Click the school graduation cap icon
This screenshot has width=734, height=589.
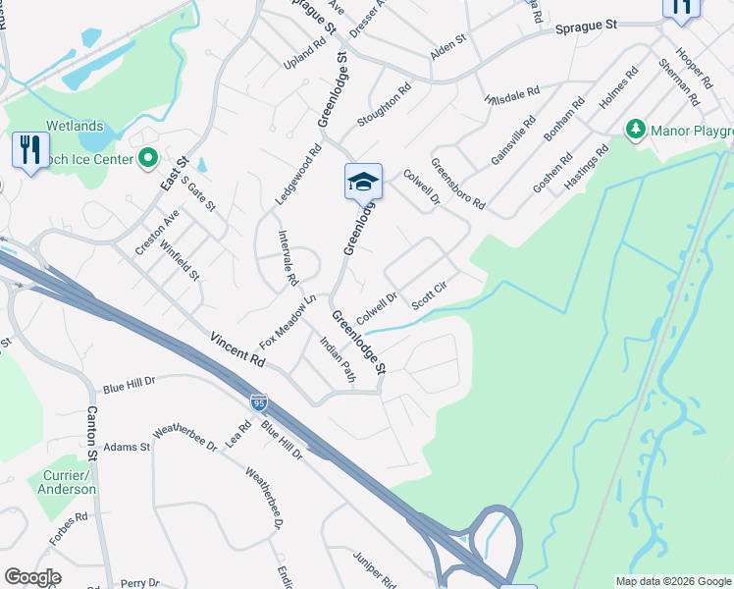tap(363, 182)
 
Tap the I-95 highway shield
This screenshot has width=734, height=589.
tap(258, 402)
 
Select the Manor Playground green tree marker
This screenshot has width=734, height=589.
tap(636, 129)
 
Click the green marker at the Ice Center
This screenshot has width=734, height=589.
tap(149, 157)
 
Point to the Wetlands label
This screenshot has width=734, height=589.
tap(73, 126)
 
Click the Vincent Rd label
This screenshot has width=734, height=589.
tap(236, 348)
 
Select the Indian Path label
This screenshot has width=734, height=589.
tap(337, 358)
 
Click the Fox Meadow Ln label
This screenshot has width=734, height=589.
tap(285, 322)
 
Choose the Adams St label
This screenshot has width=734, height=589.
tap(127, 447)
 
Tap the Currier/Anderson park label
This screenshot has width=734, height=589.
tap(68, 482)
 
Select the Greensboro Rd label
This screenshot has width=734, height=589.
tap(457, 185)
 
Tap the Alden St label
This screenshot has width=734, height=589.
tap(448, 46)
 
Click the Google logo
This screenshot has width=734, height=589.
tap(33, 577)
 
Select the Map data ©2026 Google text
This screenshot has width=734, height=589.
tap(672, 581)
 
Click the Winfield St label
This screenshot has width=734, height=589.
tap(180, 262)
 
